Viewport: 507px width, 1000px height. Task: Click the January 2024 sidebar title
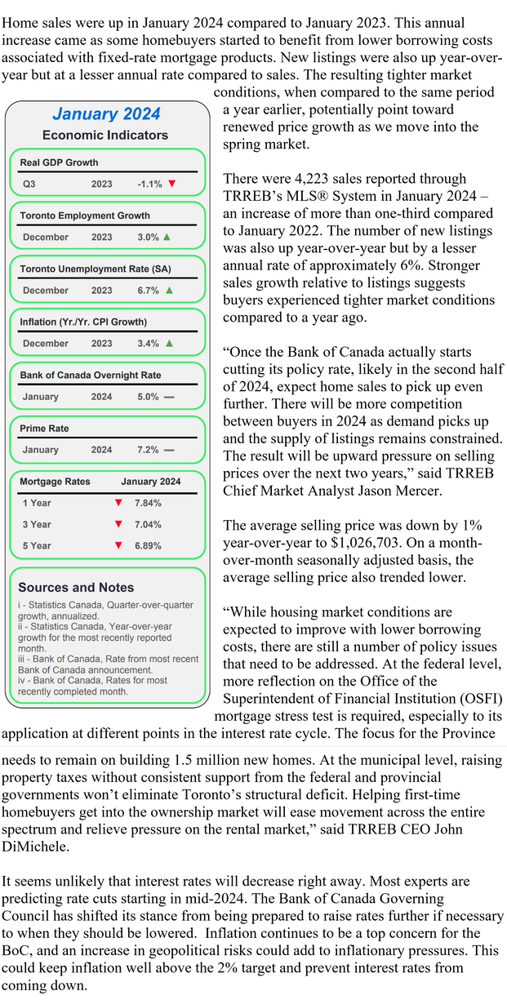tap(106, 114)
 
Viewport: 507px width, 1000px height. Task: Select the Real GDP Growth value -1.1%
tap(149, 184)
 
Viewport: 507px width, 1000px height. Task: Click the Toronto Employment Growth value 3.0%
tap(148, 238)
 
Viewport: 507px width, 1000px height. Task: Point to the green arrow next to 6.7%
tap(169, 290)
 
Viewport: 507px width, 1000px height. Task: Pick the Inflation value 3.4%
tap(148, 344)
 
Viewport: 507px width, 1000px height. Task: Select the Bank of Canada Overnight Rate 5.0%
tap(148, 397)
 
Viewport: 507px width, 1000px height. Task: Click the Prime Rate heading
tap(44, 429)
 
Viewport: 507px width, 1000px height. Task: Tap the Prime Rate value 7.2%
tap(148, 450)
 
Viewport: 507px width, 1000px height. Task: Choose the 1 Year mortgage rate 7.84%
tap(147, 504)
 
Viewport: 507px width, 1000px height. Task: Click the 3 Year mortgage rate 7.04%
tap(147, 524)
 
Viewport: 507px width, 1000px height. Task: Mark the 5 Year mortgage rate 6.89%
tap(147, 545)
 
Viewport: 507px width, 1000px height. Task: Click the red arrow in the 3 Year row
tap(118, 524)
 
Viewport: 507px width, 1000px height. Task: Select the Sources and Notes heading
tap(76, 587)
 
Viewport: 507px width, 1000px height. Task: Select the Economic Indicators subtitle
tap(105, 136)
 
